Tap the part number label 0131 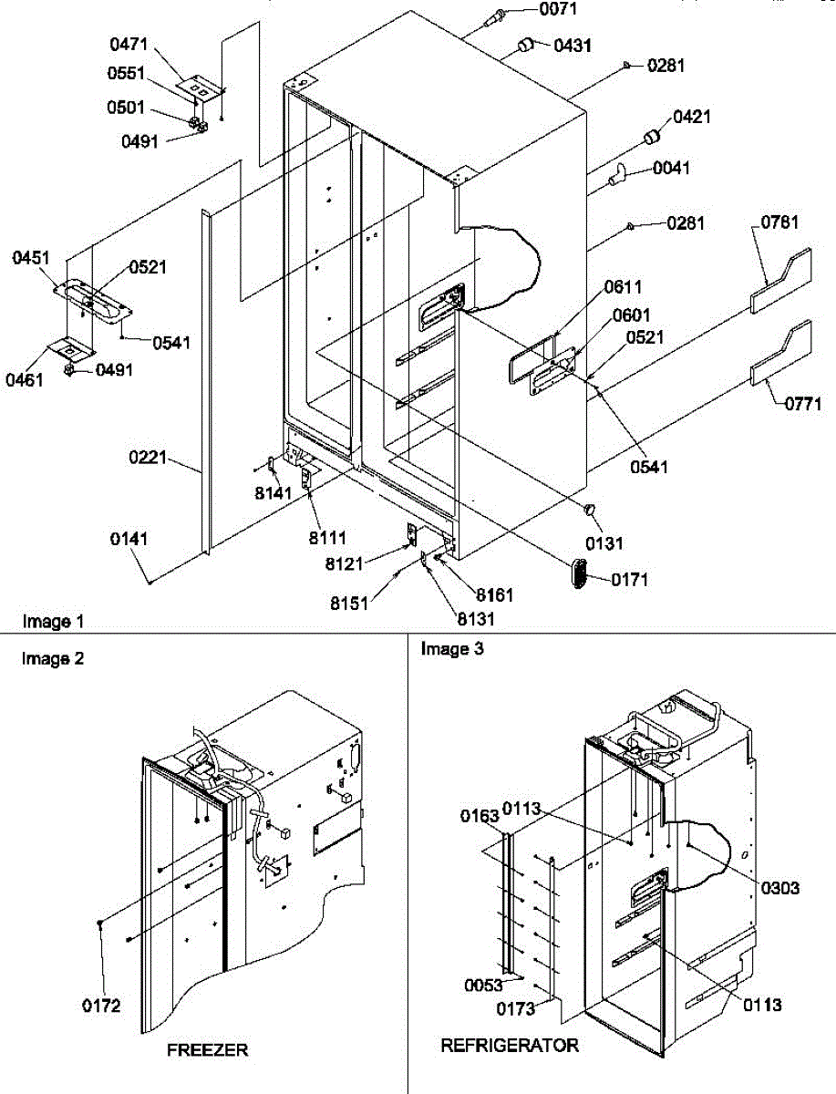pyautogui.click(x=604, y=544)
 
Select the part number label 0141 pyautogui.click(x=129, y=541)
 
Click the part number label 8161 pyautogui.click(x=493, y=595)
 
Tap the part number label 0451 pyautogui.click(x=32, y=259)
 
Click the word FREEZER pyautogui.click(x=207, y=1050)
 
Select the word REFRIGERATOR pyautogui.click(x=510, y=1046)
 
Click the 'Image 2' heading pyautogui.click(x=53, y=658)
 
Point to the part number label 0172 pyautogui.click(x=100, y=1007)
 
